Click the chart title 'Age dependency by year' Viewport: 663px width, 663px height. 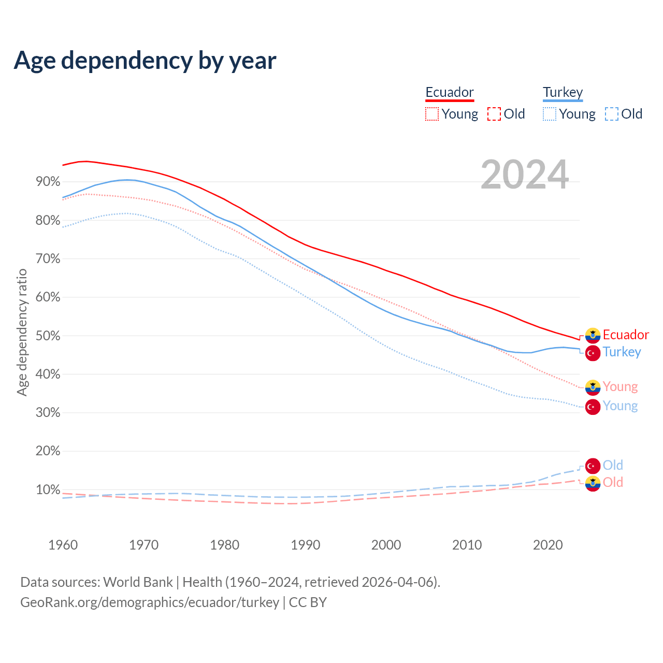[145, 61]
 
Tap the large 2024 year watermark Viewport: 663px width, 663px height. [525, 175]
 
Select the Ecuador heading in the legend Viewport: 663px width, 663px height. [450, 92]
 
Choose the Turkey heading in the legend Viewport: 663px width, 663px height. [563, 92]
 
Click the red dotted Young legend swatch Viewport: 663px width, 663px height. [432, 114]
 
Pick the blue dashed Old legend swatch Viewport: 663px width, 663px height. [612, 114]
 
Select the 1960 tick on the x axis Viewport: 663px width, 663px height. [63, 545]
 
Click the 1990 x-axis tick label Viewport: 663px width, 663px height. [305, 545]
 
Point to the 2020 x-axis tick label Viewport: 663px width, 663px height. [547, 545]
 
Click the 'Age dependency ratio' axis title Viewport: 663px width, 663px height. [22, 332]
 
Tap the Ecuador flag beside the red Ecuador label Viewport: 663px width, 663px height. [593, 336]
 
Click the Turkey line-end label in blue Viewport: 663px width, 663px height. [622, 352]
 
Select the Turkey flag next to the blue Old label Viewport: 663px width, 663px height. [593, 466]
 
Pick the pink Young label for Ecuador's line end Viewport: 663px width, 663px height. [620, 386]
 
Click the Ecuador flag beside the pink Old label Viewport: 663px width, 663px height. [593, 483]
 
